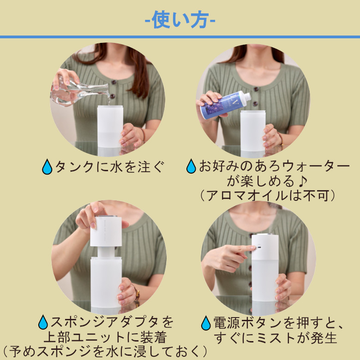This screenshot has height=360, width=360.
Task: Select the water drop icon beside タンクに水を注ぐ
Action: pos(47,167)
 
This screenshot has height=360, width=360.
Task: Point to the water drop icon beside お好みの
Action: pos(191,166)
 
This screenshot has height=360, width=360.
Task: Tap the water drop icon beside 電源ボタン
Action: pos(206,323)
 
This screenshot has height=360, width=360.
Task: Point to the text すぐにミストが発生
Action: pos(275,337)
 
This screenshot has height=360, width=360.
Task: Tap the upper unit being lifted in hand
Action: pos(106,231)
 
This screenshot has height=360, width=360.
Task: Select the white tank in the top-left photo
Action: pos(110,130)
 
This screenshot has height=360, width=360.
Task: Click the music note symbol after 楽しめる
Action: pos(297,180)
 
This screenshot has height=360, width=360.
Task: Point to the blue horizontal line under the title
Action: pos(180,36)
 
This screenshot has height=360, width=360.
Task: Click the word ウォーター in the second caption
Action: pos(306,166)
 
